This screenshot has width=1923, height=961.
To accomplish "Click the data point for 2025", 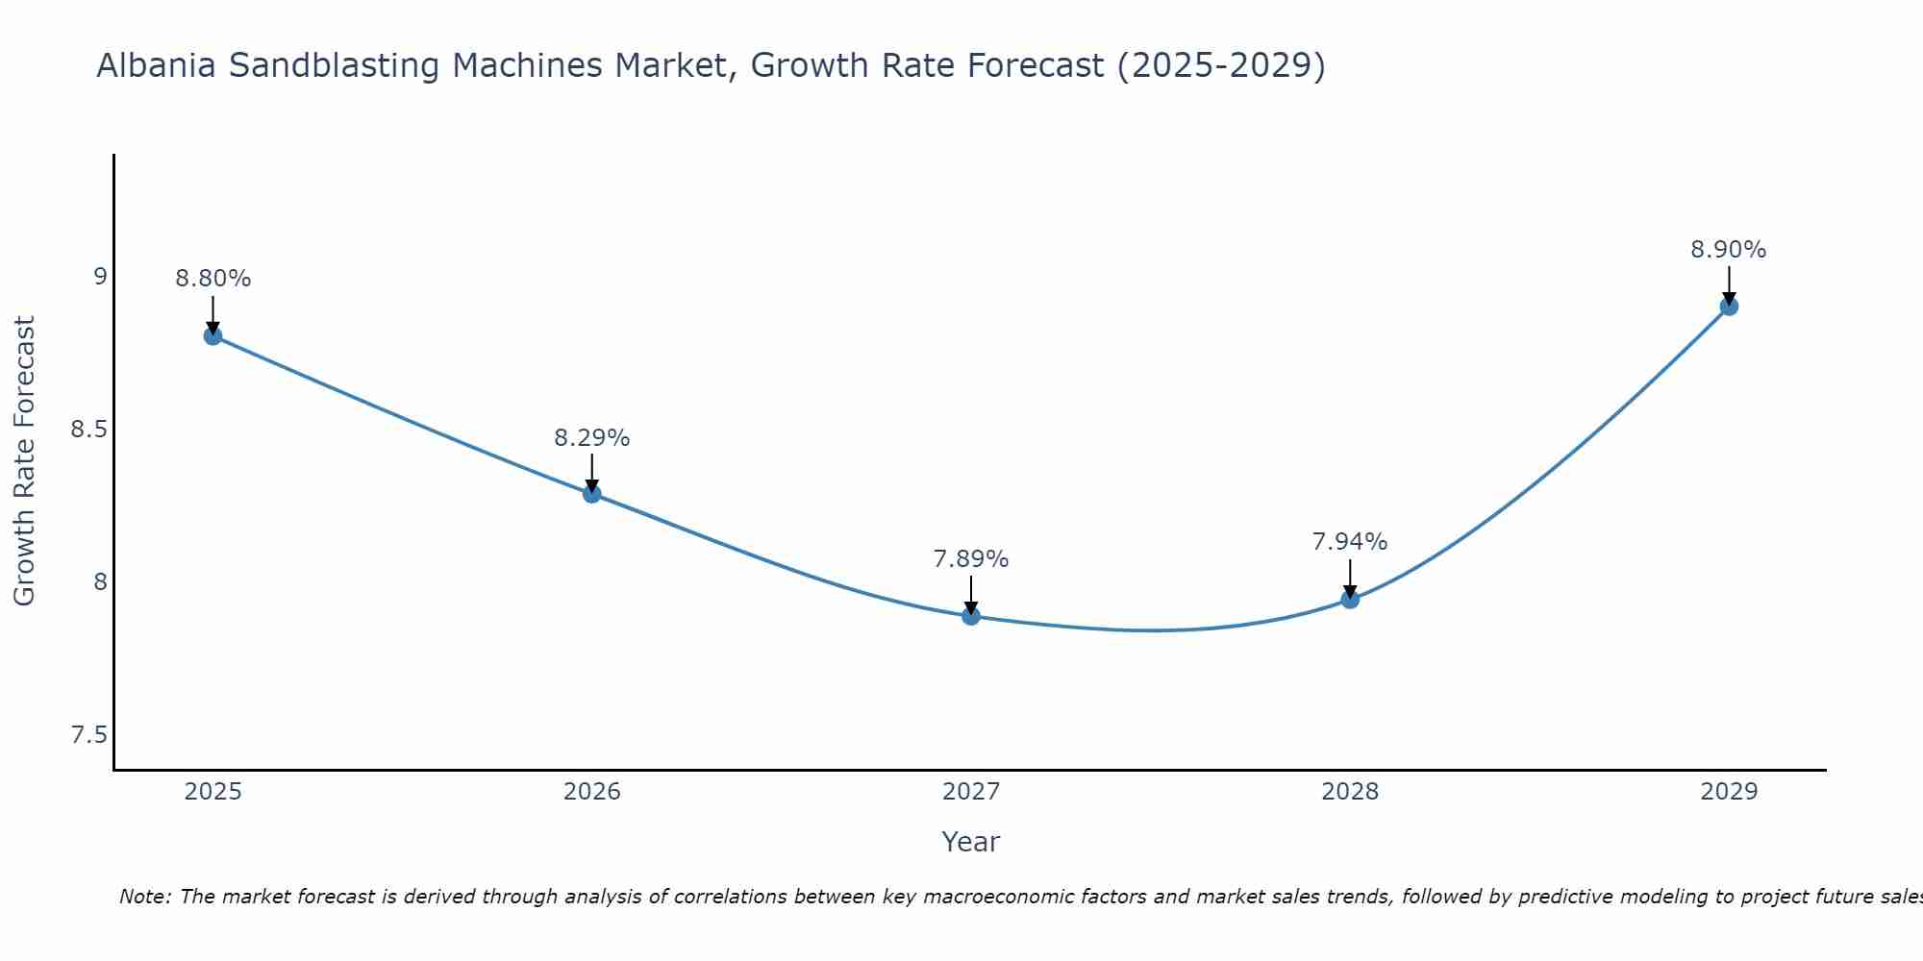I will pos(213,335).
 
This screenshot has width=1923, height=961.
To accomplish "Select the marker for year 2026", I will pos(592,494).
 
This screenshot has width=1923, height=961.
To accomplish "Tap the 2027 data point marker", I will pos(971,616).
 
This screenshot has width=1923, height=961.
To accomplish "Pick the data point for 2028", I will pos(1350,600).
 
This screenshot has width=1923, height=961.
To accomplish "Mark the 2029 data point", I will pos(1729,307).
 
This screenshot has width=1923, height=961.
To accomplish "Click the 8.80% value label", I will pos(213,279).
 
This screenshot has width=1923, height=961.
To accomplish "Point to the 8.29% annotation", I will pos(592,438).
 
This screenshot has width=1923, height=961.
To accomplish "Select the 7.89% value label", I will pos(971,559).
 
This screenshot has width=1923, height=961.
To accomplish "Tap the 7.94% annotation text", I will pos(1350,542).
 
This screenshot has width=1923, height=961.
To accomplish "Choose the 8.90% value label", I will pos(1729,250).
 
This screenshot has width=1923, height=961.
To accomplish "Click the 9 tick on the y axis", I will pos(100,277).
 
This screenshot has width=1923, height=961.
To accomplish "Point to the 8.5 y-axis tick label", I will pos(88,430).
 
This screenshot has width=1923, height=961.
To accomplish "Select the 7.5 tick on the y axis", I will pos(88,735).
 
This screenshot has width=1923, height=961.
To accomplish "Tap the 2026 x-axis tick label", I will pos(592,792).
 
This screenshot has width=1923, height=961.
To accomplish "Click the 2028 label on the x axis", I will pos(1350,792).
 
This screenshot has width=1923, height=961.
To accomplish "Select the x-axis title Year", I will pos(971,842).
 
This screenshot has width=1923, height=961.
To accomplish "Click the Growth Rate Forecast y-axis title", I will pos(25,460).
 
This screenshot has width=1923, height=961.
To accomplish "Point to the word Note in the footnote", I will pos(144,897).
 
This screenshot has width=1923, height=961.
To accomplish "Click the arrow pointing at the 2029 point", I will pos(1729,285).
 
